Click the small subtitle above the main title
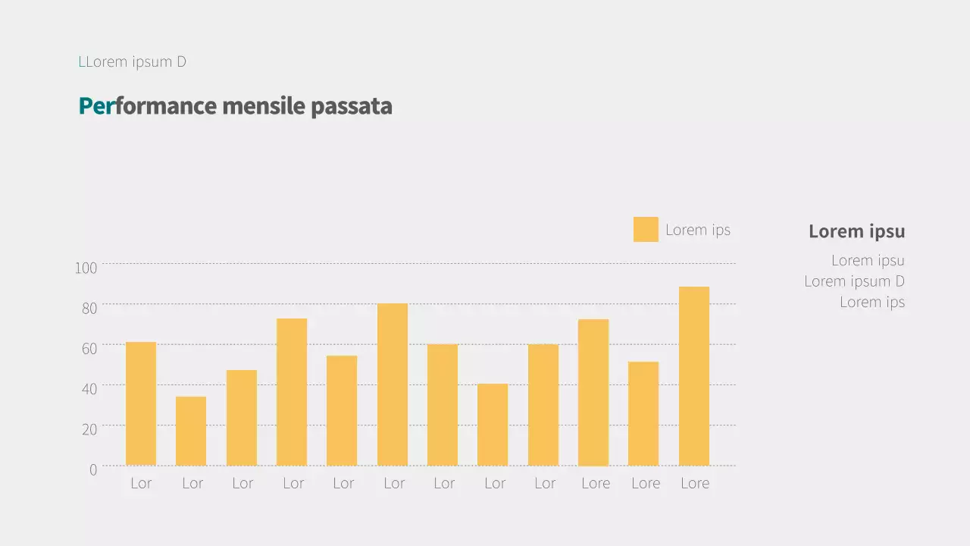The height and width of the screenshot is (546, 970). tap(133, 62)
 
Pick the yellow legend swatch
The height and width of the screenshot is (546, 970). tap(646, 230)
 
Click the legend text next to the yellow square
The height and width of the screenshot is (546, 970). tap(698, 230)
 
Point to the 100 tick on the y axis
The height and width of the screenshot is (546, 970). tap(86, 268)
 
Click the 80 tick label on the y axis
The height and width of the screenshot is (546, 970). tap(89, 308)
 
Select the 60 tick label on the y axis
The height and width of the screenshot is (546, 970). tap(89, 348)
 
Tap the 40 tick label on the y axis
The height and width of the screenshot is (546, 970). tap(89, 389)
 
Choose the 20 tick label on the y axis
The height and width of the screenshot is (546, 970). tap(89, 429)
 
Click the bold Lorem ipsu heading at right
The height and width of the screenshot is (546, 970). tap(856, 231)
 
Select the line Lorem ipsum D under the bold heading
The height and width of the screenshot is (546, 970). tap(854, 281)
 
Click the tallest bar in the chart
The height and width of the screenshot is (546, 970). tap(694, 376)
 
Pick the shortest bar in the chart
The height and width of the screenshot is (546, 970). tap(191, 431)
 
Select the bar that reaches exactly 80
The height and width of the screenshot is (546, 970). tap(393, 384)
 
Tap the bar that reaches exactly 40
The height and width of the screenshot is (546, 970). tap(493, 425)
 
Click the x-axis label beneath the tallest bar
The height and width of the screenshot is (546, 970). tap(695, 483)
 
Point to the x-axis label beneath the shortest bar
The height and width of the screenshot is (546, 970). tap(192, 483)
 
